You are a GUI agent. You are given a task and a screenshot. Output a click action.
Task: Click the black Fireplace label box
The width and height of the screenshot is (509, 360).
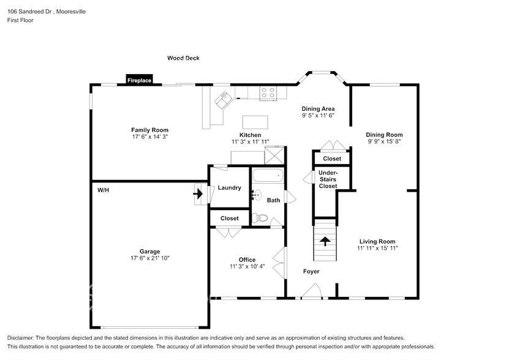tap(140, 80)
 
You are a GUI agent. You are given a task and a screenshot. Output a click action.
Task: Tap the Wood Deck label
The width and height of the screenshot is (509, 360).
tap(184, 58)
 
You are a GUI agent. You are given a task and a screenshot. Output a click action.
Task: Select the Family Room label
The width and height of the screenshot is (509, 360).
tap(149, 130)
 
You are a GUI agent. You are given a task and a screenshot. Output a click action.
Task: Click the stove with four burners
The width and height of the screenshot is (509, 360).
tap(268, 92)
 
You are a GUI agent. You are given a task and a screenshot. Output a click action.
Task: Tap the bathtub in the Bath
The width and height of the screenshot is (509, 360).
tap(268, 176)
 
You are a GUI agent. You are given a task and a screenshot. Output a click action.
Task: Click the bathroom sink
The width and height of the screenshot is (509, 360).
tap(257, 195)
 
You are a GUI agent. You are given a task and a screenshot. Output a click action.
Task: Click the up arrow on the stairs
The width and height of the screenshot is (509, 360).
tap(325, 241)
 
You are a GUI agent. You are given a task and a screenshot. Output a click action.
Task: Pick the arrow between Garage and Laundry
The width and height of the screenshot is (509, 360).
tap(198, 194)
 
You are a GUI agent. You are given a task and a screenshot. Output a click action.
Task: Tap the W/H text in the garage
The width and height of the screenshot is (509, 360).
tap(103, 190)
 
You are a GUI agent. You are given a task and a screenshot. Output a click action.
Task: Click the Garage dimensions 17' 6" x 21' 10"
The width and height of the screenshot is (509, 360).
tap(149, 258)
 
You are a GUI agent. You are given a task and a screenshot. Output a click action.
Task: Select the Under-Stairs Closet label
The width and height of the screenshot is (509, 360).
tap(328, 179)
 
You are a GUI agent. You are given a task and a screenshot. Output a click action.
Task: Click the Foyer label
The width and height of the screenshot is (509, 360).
tap(311, 271)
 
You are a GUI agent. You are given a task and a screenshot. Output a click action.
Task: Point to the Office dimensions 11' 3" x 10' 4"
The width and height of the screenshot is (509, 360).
tap(247, 267)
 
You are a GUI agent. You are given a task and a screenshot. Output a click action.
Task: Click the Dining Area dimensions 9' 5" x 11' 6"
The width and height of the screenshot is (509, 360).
tap(318, 115)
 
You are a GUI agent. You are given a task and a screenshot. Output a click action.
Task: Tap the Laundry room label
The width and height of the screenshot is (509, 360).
tap(229, 188)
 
